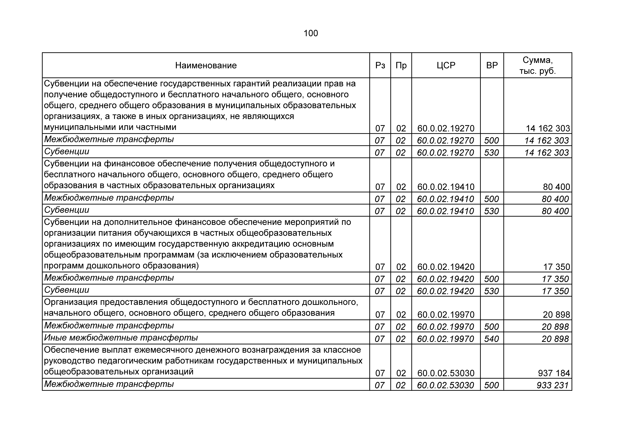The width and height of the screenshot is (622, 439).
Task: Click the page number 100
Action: pos(311,33)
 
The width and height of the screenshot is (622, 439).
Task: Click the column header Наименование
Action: pos(206,65)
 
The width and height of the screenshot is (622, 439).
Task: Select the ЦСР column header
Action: pos(446,65)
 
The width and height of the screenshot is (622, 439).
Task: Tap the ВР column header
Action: pos(492,65)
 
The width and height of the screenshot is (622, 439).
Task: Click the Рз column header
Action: pos(380,65)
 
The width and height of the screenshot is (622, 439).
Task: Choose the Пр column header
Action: pos(401,65)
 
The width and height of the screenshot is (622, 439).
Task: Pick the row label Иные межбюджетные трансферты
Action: pos(121,338)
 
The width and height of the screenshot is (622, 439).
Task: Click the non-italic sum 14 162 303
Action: pos(548,128)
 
